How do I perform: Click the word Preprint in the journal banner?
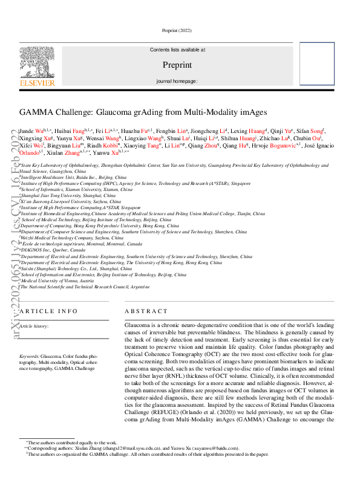point(177,64)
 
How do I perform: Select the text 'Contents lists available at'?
point(177,50)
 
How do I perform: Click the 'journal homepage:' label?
point(177,80)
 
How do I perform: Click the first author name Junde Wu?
point(34,130)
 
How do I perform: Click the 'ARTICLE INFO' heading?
point(48,311)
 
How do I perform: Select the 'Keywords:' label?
point(29,357)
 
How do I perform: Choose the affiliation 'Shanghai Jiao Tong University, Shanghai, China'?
point(68,196)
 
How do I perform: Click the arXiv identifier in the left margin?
point(8,242)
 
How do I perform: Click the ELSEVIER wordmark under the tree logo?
point(37,83)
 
